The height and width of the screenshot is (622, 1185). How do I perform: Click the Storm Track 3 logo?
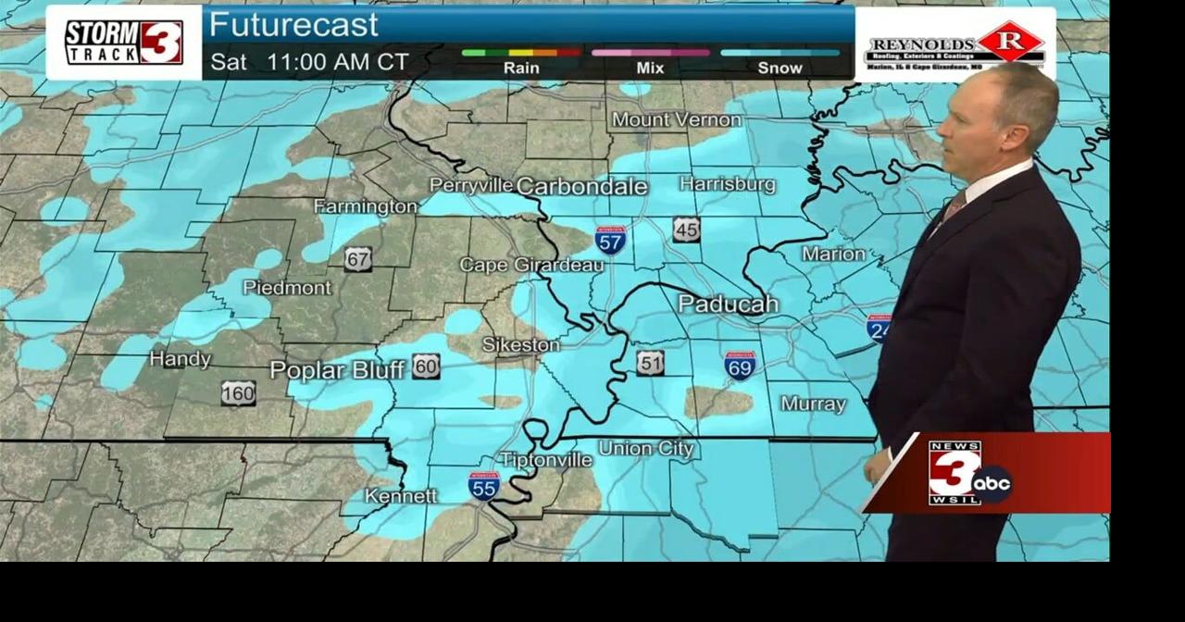(x=123, y=42)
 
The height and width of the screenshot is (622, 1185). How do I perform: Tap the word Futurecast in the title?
(x=293, y=25)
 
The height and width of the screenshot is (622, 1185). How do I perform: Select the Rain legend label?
(x=521, y=68)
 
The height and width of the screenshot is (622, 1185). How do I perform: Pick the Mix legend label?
(x=650, y=68)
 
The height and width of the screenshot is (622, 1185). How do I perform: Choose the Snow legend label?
(x=780, y=68)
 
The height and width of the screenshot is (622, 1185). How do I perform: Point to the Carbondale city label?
(x=581, y=186)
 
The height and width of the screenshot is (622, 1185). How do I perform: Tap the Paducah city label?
(x=728, y=304)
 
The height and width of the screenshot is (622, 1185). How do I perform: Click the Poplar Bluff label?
(x=337, y=370)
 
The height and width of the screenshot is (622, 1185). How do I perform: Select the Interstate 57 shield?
(x=610, y=240)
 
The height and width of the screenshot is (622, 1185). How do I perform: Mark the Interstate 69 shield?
(x=740, y=366)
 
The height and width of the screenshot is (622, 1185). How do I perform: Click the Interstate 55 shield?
(x=484, y=485)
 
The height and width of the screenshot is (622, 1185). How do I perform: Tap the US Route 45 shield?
(x=686, y=230)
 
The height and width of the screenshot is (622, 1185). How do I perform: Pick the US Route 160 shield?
(x=238, y=393)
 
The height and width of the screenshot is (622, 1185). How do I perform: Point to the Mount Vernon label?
(x=676, y=120)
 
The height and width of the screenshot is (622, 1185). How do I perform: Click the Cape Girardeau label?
(x=531, y=266)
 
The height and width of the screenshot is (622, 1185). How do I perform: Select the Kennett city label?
(x=400, y=496)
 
